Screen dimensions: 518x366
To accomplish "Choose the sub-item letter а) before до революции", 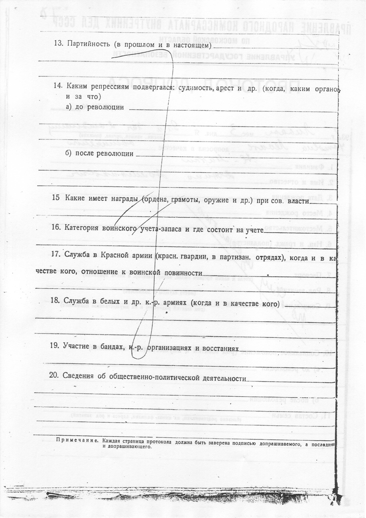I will [68, 107].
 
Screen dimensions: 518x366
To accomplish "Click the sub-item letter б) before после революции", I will [68, 153].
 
